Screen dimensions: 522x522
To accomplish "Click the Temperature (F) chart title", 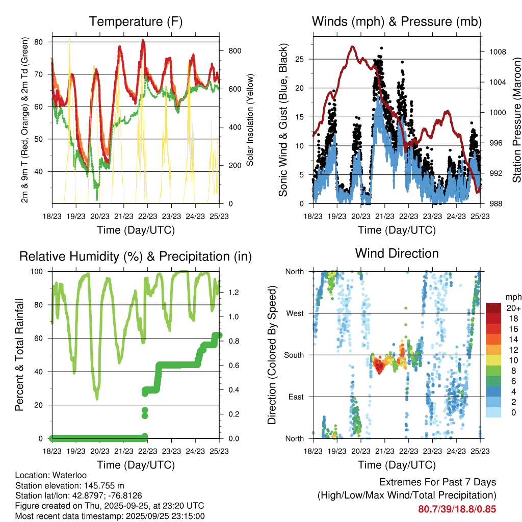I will [136, 22].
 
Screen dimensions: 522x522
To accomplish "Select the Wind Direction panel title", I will [397, 253].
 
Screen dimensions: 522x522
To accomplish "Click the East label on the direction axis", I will [295, 397].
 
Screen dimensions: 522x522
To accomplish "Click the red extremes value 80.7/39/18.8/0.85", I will [457, 509].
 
